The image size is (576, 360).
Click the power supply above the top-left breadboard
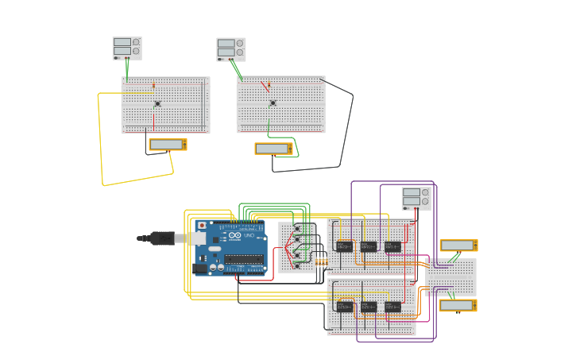pos(126,48)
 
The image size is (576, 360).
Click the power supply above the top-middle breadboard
pos(230,49)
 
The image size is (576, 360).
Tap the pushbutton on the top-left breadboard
pos(157,103)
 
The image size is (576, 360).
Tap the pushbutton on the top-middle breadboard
pos(273,103)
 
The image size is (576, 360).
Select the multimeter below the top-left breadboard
pos(168,145)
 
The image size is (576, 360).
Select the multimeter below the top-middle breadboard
pos(273,149)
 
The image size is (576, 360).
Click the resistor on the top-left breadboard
pos(154,85)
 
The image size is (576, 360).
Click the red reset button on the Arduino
pos(202,226)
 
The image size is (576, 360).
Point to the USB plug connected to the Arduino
pos(163,238)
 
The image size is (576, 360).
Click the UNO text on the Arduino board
pos(248,236)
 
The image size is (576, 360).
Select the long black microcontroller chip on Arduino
pos(244,258)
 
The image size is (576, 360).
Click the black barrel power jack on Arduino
pos(200,269)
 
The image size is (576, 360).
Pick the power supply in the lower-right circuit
pos(416,198)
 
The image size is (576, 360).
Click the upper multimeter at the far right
pos(458,246)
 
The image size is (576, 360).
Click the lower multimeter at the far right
pos(458,305)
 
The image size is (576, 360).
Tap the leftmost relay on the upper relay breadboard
pos(344,246)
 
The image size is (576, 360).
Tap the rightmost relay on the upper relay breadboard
pos(392,246)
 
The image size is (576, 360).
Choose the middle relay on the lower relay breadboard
pos(368,306)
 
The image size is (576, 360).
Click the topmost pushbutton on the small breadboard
pos(297,228)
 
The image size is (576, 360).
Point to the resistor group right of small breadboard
pos(321,261)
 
